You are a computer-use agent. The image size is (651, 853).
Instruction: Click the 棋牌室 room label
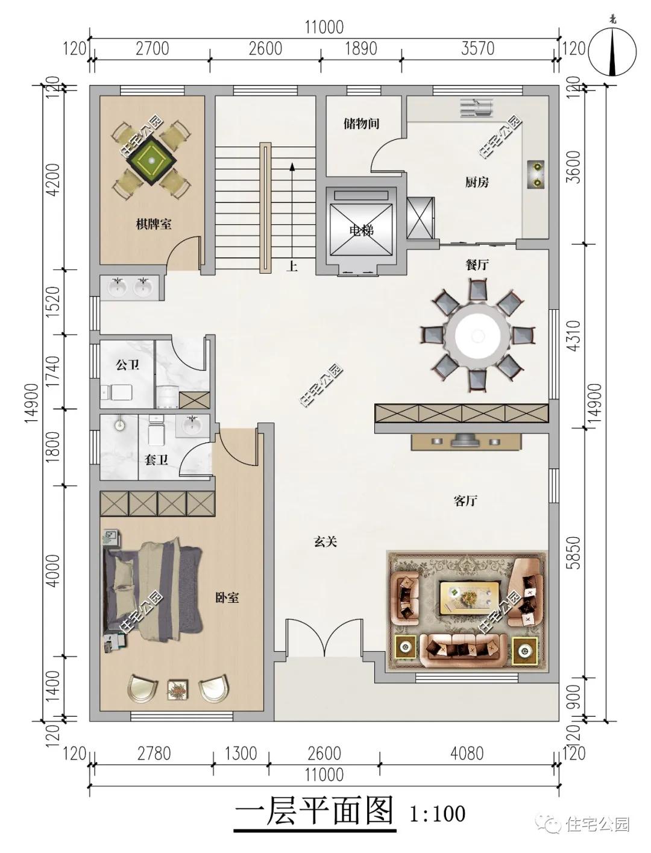pos(154,224)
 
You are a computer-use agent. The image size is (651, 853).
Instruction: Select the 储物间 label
pos(361,124)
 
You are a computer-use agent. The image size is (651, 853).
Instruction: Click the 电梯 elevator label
pos(361,231)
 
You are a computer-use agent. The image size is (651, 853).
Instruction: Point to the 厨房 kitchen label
pos(477,182)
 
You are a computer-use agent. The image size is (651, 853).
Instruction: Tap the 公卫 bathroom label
pos(127,365)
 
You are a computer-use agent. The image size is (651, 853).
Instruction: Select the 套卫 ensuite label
pos(156,460)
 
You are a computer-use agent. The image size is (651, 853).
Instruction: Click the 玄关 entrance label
pos(325,542)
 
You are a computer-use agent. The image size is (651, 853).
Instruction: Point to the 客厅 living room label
pos(465,501)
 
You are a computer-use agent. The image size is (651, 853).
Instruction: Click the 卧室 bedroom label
pos(227,597)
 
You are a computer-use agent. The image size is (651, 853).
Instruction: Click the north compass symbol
pos(612,52)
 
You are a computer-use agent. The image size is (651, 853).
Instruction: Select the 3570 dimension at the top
pos(478,49)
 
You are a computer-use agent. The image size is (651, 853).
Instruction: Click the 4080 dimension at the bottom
pos(467,754)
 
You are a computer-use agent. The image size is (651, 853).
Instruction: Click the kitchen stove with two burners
pos(536,174)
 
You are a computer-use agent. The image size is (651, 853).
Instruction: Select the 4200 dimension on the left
pos(54,180)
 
